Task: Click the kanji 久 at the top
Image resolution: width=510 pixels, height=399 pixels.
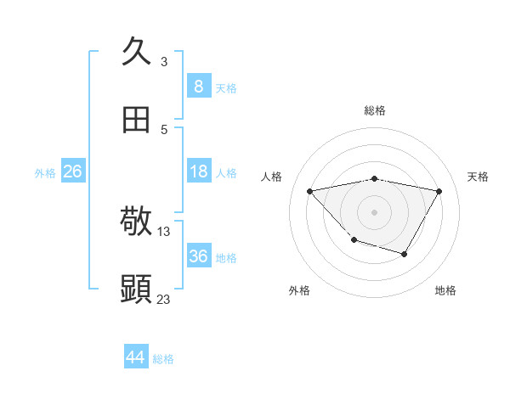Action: tap(136, 51)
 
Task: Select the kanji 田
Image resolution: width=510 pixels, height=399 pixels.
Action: tap(136, 121)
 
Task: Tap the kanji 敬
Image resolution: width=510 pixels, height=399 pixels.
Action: tap(136, 221)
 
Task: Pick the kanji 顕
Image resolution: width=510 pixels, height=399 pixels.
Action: tap(136, 289)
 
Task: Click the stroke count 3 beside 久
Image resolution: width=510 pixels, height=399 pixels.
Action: tap(164, 61)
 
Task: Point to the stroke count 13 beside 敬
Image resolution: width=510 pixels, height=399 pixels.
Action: tap(164, 231)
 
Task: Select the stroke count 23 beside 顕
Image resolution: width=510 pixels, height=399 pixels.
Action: tap(164, 299)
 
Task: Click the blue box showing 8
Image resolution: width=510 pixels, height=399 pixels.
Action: tap(198, 86)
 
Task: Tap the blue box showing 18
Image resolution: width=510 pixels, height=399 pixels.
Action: tap(198, 171)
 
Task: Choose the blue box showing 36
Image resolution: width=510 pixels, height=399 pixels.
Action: tap(198, 256)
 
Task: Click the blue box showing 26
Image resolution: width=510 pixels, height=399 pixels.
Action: tap(72, 171)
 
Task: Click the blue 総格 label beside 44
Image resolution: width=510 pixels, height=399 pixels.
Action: tap(163, 359)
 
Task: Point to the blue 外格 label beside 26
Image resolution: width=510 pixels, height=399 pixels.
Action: tap(45, 173)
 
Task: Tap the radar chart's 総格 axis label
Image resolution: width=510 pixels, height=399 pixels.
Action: tap(375, 110)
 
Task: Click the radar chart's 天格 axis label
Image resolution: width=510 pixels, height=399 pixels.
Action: tap(478, 177)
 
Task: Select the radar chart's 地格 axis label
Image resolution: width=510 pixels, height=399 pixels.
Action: tap(445, 290)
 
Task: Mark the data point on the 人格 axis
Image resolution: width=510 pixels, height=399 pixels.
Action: tap(310, 191)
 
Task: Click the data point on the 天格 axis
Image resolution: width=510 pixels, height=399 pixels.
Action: tap(439, 191)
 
